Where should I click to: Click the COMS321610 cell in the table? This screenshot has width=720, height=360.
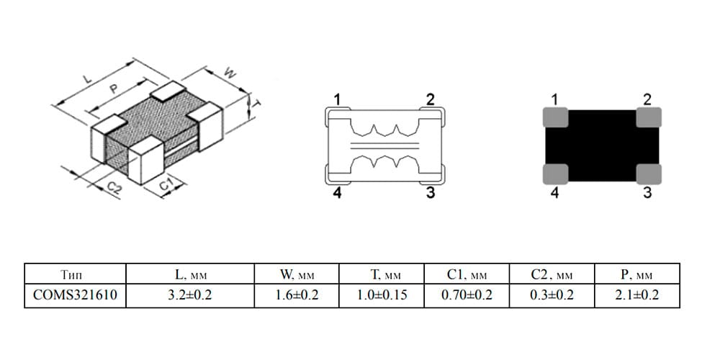(75, 295)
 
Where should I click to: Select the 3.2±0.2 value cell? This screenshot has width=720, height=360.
(189, 295)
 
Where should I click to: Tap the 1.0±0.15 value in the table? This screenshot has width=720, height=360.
(382, 295)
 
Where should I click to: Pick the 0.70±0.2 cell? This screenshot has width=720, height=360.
(467, 295)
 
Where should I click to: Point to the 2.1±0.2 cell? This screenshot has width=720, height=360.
(637, 295)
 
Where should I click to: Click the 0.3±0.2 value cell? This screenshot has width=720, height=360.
(552, 295)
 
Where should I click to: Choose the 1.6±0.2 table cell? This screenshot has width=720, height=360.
(297, 295)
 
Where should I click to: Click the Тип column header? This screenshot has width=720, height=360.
(75, 274)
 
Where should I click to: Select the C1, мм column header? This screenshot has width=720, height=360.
(467, 274)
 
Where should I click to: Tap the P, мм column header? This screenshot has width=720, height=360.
(637, 274)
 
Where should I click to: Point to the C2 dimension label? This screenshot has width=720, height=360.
(114, 188)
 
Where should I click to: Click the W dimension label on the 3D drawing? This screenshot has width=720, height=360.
(229, 73)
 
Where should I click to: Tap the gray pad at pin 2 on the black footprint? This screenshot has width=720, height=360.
(649, 117)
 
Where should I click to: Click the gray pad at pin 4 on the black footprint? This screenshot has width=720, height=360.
(556, 174)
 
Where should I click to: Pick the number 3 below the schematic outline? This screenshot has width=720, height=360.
(430, 193)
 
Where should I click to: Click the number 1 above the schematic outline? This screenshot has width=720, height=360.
(338, 99)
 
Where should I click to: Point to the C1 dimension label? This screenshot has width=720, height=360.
(166, 186)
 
